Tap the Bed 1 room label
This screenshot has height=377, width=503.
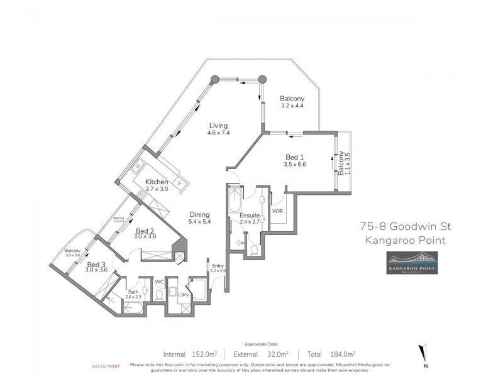point(294,157)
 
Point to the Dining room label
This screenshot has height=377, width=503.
point(199,214)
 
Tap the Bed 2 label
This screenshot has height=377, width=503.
point(146,230)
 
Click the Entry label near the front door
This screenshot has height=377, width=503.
point(218,266)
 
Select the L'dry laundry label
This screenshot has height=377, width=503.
point(184,295)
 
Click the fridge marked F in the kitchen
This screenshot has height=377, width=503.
point(180,183)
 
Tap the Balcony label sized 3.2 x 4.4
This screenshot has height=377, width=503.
point(292,99)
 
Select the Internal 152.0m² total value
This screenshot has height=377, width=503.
point(190,354)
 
